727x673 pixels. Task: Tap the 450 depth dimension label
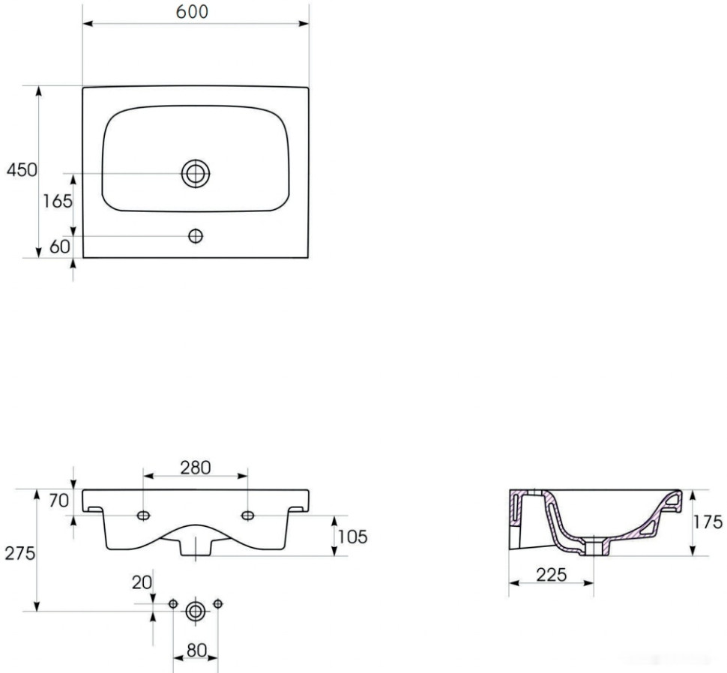22,171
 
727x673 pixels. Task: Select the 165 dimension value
58,201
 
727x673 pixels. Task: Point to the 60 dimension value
59,245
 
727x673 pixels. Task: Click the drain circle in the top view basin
196,173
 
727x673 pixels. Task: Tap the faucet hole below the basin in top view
196,236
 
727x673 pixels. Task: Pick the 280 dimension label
195,467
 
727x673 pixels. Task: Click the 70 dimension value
59,501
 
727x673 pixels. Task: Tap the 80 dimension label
196,651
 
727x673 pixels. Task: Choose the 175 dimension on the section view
707,522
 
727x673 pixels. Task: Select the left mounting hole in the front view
142,515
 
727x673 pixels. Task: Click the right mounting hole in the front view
247,515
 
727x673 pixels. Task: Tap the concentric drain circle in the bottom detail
196,611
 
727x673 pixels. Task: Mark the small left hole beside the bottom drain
173,603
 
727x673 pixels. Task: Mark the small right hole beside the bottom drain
218,603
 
